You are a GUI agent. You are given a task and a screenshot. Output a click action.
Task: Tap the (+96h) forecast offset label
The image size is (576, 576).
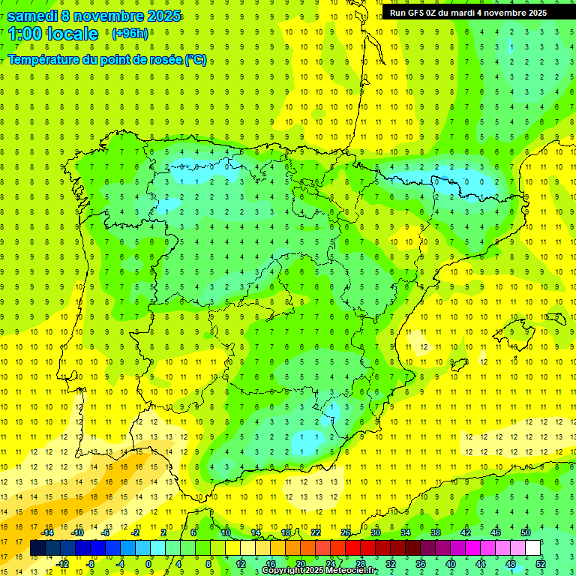[130, 34]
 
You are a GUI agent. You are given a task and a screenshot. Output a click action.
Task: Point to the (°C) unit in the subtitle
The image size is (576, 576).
[196, 59]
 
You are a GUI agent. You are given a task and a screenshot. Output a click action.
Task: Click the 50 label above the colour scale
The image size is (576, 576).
[526, 532]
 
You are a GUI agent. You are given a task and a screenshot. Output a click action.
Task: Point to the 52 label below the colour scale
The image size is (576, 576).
[541, 563]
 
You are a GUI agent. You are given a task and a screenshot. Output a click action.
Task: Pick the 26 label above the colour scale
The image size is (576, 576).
[346, 532]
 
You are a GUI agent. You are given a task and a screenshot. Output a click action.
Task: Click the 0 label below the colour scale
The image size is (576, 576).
[148, 563]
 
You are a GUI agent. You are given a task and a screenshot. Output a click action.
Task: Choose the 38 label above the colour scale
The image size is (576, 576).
[436, 532]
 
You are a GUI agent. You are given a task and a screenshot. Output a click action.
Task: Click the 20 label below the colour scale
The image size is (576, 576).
[300, 563]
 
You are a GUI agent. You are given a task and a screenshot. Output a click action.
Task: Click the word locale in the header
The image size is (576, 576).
[71, 34]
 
